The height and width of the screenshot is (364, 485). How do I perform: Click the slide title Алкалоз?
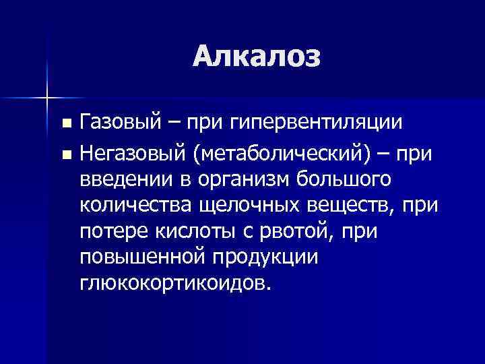click(257, 56)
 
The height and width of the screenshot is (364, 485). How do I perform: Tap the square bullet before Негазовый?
click(65, 156)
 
